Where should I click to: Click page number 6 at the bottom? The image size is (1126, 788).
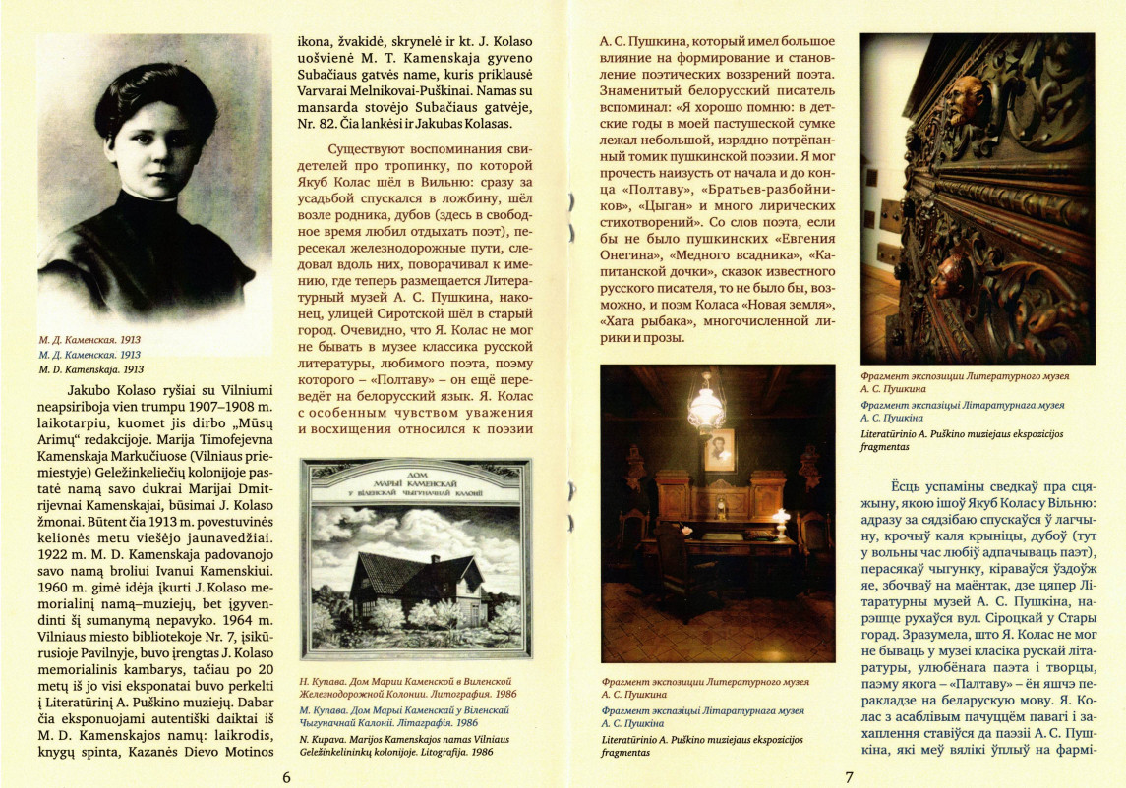(286, 775)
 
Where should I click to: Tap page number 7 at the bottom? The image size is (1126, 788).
(848, 775)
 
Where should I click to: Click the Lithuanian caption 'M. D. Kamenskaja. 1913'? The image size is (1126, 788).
(90, 369)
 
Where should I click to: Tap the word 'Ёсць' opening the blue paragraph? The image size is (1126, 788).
(910, 487)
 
